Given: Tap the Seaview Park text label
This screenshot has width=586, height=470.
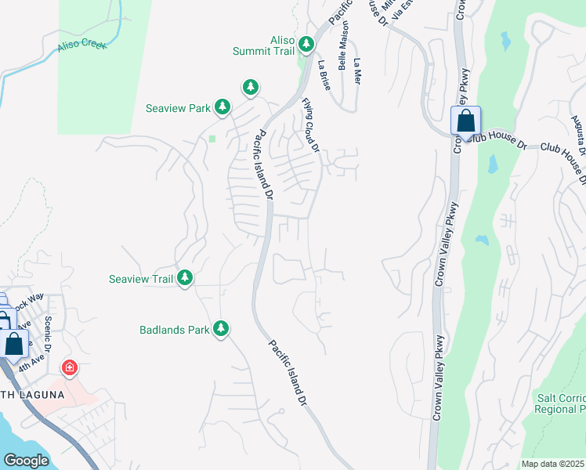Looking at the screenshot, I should tap(178, 108).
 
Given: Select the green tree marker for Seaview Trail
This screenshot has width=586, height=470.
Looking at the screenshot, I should tap(185, 278).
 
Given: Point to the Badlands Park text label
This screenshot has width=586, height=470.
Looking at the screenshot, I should tap(175, 331).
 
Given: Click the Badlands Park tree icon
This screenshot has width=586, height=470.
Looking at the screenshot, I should tap(222, 329).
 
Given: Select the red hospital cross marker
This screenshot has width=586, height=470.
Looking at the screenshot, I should tap(70, 367).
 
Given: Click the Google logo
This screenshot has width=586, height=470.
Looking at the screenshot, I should tap(26, 461).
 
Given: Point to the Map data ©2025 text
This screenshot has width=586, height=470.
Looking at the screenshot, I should tap(552, 464).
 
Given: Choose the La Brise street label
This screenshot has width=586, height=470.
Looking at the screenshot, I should tap(324, 75).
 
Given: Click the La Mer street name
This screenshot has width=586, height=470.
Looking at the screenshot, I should tap(358, 72).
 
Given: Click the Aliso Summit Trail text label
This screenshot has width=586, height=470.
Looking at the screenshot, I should tap(262, 45).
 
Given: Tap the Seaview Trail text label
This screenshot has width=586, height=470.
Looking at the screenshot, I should tap(139, 279).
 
